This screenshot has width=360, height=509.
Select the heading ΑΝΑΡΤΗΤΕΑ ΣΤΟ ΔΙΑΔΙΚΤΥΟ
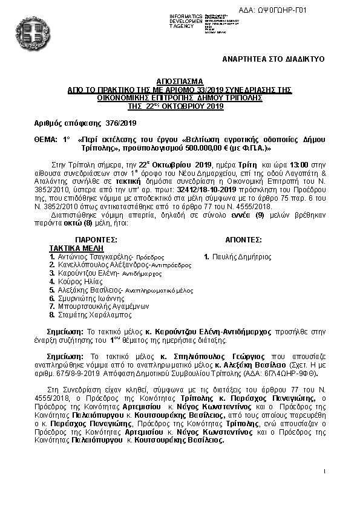click(x=273, y=59)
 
